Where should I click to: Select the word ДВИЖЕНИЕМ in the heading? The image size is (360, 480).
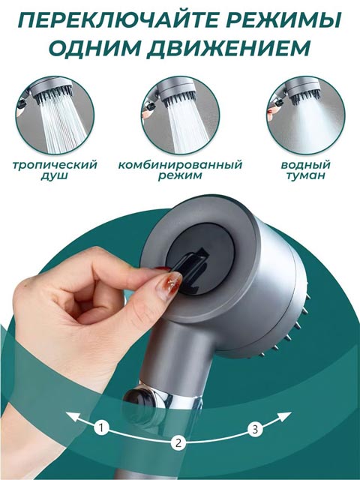229,47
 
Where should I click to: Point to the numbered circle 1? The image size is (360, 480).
102,427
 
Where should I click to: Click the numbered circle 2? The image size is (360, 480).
178,442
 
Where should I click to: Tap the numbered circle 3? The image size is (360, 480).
255,430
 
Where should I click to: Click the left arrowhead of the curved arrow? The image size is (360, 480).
72,416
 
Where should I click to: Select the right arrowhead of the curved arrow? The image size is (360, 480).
284,416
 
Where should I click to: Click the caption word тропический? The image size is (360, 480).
55,165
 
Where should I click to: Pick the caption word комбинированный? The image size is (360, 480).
180,165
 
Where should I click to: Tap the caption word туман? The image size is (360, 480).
305,176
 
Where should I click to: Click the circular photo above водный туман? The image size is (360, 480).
305,115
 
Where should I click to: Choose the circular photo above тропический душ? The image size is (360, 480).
55,115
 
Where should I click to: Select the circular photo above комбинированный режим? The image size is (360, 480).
180,115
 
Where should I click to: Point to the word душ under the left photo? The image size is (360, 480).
55,176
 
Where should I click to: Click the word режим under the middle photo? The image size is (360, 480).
180,176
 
